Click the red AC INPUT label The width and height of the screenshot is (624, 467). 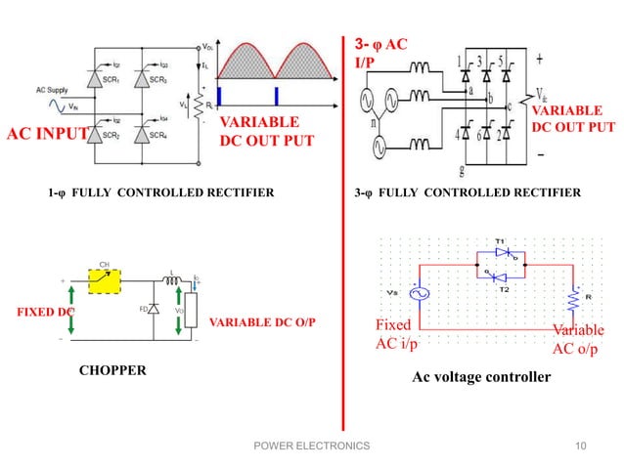pos(48,134)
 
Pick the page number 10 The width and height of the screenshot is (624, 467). pos(582,446)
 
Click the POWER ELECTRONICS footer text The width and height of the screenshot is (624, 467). pos(311,446)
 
